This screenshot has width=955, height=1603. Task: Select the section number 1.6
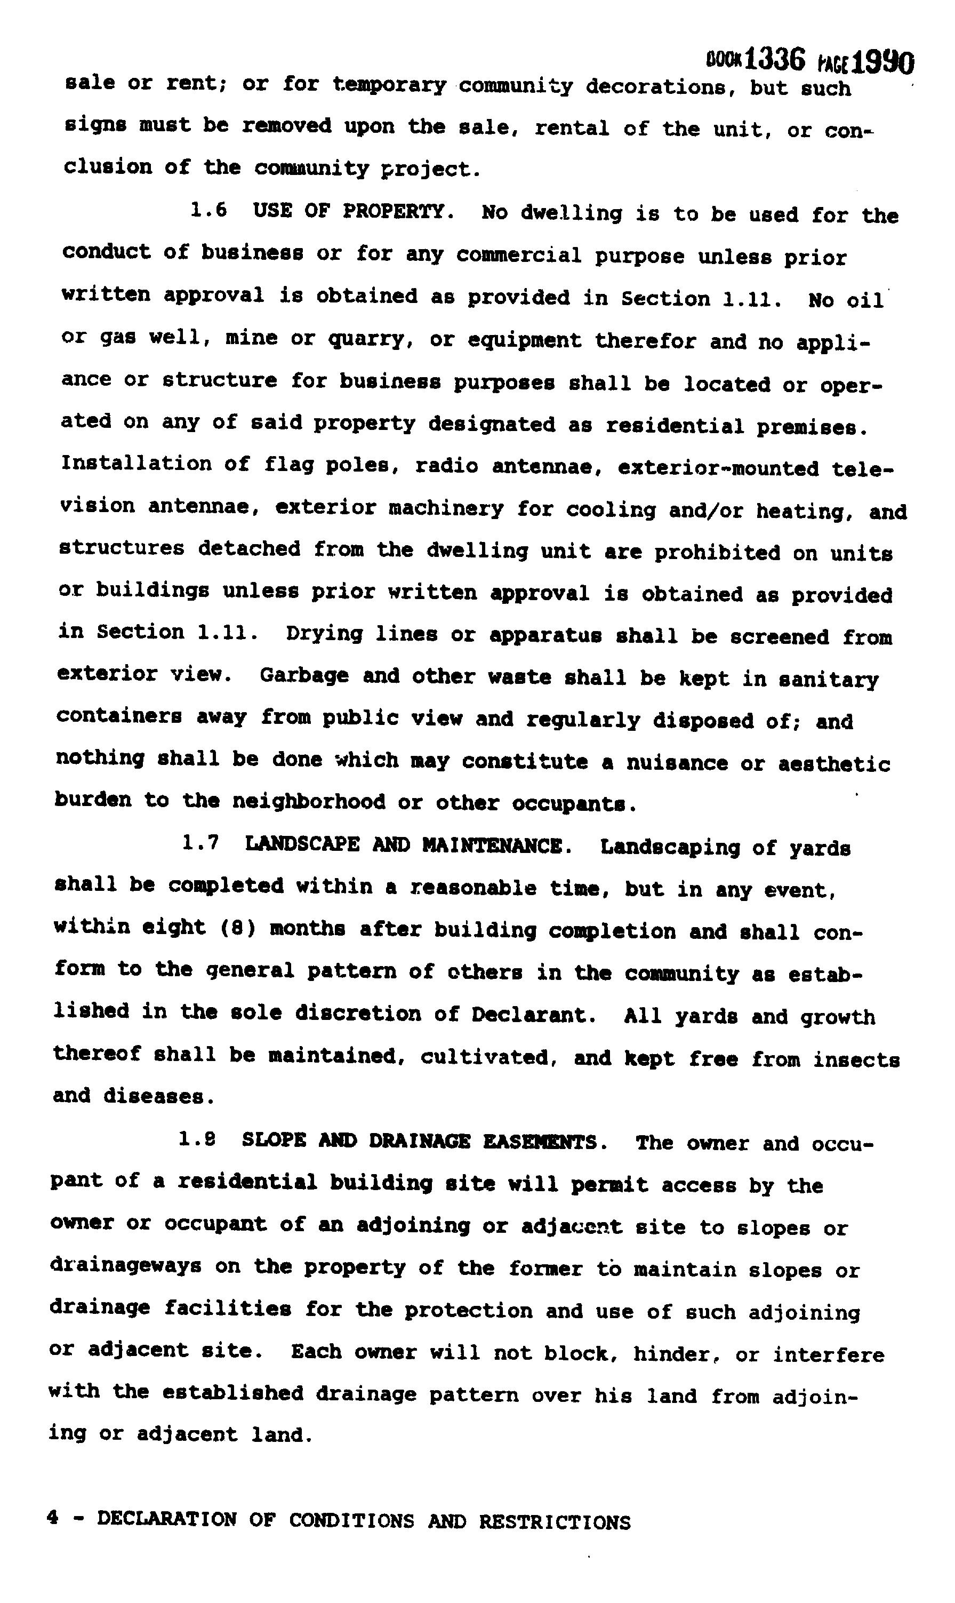click(208, 211)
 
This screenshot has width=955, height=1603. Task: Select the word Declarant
click(529, 1015)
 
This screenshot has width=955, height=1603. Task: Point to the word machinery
click(446, 508)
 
